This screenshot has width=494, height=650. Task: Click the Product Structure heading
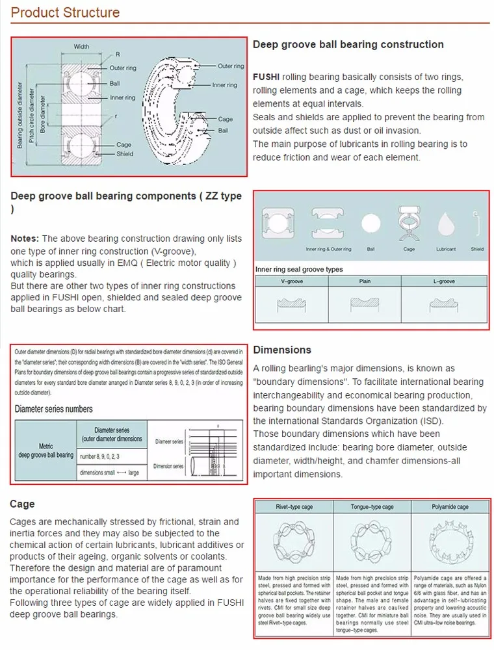pos(66,12)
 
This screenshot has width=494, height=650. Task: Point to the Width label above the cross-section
pos(81,47)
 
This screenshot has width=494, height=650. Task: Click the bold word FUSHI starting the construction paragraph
pos(266,77)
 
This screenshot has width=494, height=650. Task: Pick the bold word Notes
pos(25,239)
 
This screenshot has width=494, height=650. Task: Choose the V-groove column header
pos(292,281)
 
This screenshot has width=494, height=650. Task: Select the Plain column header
pos(365,281)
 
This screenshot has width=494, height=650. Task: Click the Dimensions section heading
pos(282,350)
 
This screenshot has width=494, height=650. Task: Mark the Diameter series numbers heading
pos(54,409)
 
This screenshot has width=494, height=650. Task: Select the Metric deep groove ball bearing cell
pos(46,451)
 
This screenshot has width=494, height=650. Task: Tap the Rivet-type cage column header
pos(293,507)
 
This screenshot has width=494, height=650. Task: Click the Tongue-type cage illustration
pos(371,541)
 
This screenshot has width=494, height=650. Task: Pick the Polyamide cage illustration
pos(449,541)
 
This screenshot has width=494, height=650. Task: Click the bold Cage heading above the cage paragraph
pos(22,504)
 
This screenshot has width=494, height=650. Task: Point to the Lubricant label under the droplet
pos(446,249)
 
